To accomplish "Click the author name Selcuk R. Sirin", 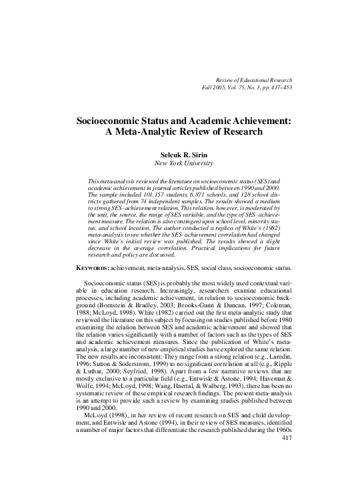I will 180,153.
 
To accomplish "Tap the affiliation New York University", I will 180,162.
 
